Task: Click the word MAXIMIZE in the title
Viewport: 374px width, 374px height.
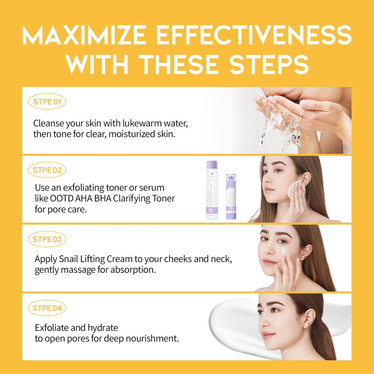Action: (84, 35)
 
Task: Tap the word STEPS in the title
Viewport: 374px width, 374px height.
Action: (269, 64)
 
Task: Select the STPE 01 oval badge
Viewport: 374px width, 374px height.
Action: (47, 102)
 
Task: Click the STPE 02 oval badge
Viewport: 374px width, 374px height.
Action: (47, 170)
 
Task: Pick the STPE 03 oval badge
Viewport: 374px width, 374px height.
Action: (47, 239)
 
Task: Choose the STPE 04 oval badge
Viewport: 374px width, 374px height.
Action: (47, 308)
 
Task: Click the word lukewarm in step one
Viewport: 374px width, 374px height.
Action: (142, 123)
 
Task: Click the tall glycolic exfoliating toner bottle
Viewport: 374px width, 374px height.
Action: (212, 190)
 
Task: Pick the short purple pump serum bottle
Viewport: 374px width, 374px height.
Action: (231, 197)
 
